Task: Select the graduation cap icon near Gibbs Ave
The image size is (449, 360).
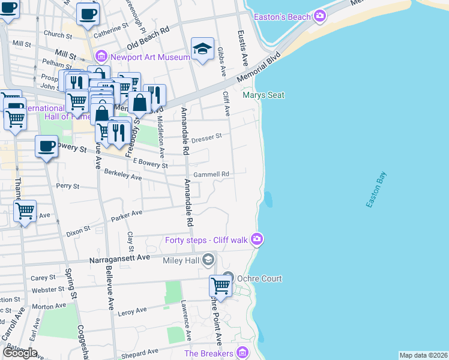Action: pos(203,49)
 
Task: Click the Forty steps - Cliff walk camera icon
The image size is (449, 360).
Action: pos(258,240)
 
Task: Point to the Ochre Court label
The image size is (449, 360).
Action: pos(259,278)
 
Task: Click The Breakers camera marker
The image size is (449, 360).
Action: pos(243,353)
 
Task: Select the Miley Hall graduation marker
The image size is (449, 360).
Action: pos(208,260)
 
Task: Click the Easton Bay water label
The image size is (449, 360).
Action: pos(376,191)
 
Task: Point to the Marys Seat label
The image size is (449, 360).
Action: pos(263,95)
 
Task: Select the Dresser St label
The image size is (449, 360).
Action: pos(207,137)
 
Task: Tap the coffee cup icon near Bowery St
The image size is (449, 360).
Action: pos(46,146)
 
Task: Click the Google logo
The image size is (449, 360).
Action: pos(20,352)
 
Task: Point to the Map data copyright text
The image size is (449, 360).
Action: pos(423,355)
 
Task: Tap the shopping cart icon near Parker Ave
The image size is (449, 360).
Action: pos(25,211)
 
